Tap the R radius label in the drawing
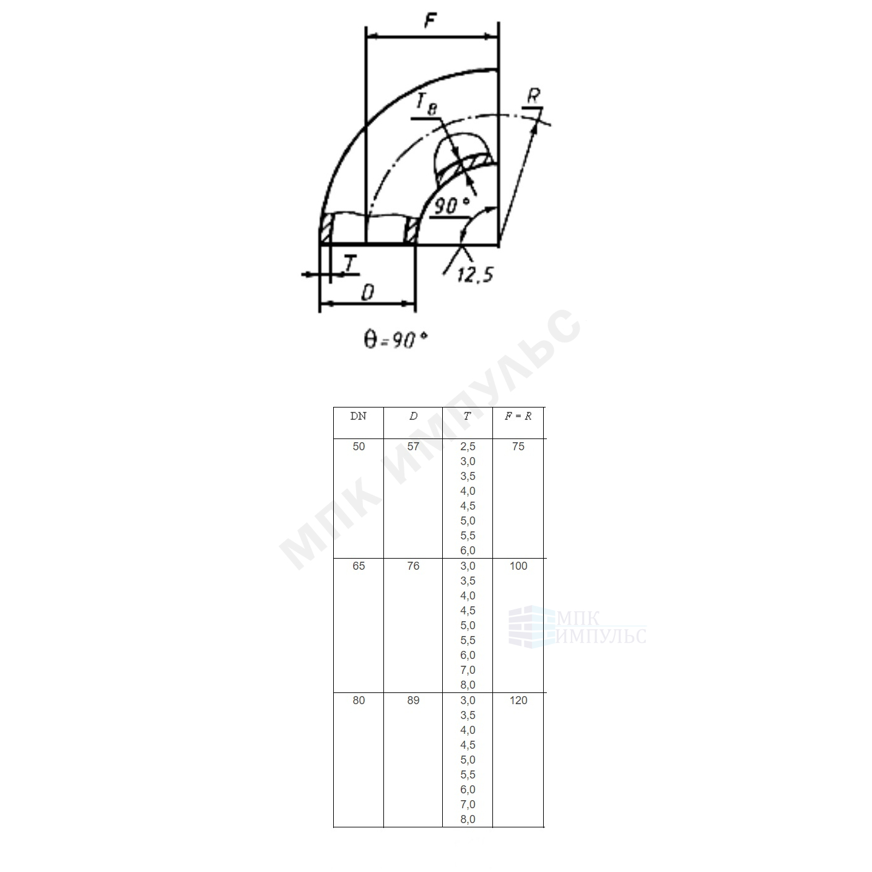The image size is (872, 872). [534, 96]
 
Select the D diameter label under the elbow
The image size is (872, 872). [368, 292]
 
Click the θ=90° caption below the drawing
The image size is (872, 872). [396, 339]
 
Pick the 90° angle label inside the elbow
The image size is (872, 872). [451, 206]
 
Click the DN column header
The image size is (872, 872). [359, 416]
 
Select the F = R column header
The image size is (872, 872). [518, 416]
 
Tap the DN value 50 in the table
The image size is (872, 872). [359, 447]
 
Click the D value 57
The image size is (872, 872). [413, 447]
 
